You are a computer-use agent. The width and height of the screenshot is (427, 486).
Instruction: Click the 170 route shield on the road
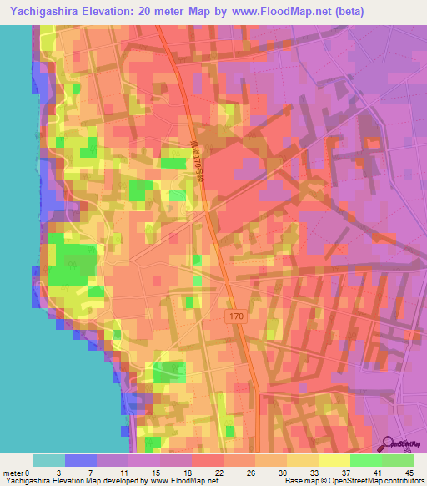point(234,316)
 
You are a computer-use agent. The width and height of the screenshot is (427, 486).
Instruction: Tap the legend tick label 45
point(409,473)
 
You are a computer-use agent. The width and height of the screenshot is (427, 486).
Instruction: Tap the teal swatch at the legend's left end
point(49,460)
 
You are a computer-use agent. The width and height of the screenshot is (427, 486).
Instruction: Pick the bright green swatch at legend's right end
point(398,460)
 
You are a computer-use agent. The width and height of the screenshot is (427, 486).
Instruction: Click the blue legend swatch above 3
point(81,460)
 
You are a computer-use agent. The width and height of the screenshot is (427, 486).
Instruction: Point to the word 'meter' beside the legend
point(13,473)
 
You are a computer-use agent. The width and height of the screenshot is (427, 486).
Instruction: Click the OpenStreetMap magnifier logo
point(389,446)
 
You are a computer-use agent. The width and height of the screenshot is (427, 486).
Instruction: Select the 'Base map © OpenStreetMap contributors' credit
point(352,481)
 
